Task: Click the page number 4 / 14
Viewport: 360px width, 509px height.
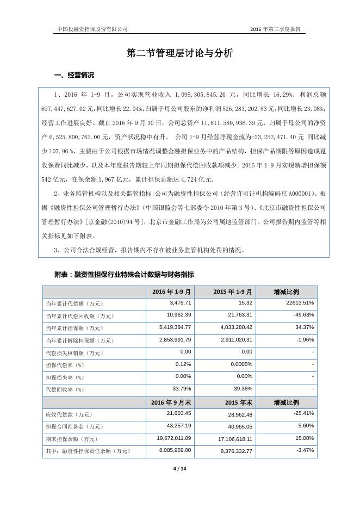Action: (x=179, y=468)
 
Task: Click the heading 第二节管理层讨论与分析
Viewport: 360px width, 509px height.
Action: (x=179, y=53)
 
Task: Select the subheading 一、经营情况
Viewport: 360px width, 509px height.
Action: (x=74, y=75)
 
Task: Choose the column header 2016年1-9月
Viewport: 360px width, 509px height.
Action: (x=169, y=291)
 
